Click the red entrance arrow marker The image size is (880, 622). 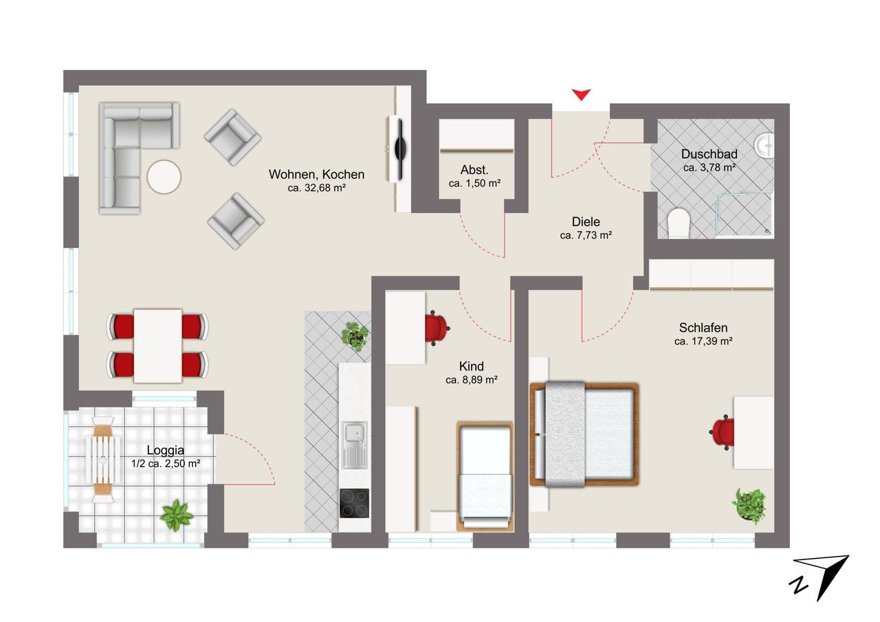[x=581, y=94]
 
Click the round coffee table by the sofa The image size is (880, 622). [x=164, y=177]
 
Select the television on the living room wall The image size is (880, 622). [x=399, y=149]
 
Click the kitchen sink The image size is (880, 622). [x=354, y=445]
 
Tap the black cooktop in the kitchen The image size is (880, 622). [x=354, y=503]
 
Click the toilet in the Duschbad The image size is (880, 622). [x=679, y=223]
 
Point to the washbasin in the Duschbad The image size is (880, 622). [x=764, y=146]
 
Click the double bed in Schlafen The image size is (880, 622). [x=584, y=434]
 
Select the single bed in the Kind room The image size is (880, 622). [x=485, y=477]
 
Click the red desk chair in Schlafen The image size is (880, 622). [x=722, y=432]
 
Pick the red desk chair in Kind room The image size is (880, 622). [x=437, y=329]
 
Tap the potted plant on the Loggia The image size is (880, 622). [x=177, y=515]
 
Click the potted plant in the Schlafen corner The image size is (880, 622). [x=749, y=506]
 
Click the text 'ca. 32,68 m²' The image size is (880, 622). [x=317, y=188]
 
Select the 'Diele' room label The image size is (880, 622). [x=586, y=222]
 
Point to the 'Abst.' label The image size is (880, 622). [x=474, y=170]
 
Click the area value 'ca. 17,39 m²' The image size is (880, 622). [x=703, y=341]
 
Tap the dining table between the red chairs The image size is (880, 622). [x=158, y=346]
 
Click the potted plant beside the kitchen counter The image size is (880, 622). [x=355, y=336]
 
